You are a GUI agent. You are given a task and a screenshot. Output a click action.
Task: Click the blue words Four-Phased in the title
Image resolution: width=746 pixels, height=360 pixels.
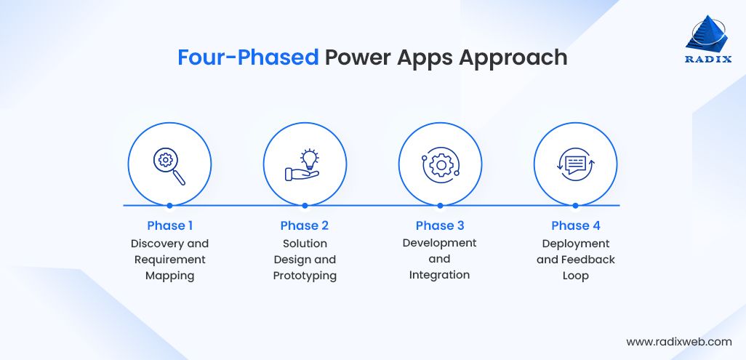(248, 57)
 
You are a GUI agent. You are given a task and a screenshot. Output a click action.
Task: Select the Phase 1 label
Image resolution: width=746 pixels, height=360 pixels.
(169, 225)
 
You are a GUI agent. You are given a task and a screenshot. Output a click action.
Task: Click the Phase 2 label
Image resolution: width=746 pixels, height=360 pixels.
(305, 225)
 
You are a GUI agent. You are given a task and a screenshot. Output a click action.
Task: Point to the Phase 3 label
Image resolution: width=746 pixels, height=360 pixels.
(440, 225)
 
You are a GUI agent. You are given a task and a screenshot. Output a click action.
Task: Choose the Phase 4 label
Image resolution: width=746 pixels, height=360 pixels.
(575, 225)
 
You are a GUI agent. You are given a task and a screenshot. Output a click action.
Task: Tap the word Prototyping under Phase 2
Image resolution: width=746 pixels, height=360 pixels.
(305, 276)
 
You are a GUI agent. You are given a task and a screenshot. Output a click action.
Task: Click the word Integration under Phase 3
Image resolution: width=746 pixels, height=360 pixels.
(440, 275)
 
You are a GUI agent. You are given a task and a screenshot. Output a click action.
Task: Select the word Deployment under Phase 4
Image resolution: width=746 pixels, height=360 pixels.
(575, 244)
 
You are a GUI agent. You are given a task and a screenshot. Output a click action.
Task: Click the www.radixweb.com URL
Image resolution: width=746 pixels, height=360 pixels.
(678, 341)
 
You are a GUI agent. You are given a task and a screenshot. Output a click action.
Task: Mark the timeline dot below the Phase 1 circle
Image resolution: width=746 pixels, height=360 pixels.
(169, 206)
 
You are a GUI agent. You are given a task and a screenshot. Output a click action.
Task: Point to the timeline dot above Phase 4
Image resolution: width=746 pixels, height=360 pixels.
(575, 206)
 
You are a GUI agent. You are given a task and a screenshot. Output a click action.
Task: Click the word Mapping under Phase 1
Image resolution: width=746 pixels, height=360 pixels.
(169, 276)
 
